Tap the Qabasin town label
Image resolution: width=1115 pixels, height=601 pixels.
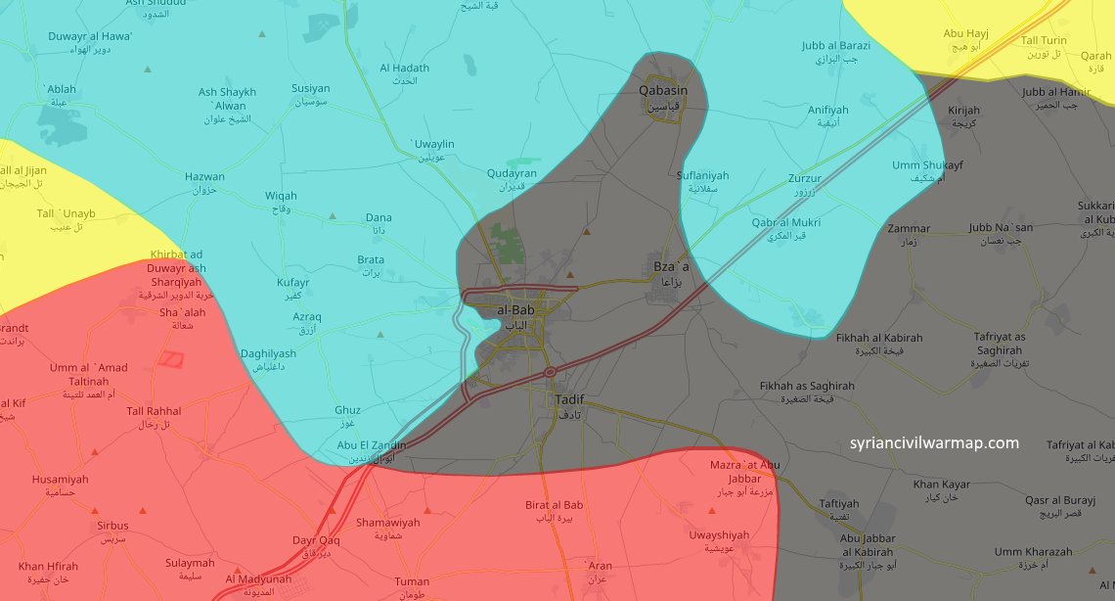click(x=662, y=91)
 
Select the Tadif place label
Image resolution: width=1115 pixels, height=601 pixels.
click(x=567, y=400)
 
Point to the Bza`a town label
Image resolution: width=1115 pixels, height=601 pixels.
click(x=670, y=266)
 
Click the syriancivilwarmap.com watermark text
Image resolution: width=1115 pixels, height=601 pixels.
click(x=934, y=442)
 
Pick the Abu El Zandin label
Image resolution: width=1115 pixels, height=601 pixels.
click(x=371, y=444)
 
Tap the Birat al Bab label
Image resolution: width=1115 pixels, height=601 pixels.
click(x=554, y=505)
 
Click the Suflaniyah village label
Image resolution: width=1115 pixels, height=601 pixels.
click(x=702, y=176)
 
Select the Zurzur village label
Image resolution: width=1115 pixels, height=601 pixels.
click(x=805, y=179)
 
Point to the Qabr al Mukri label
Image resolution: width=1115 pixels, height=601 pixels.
click(x=785, y=223)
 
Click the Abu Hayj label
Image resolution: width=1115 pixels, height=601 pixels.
click(x=965, y=34)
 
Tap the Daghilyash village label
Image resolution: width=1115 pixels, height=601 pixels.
click(x=268, y=354)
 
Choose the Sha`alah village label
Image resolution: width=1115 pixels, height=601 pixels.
click(x=182, y=312)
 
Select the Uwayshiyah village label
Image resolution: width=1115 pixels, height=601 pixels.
click(x=718, y=535)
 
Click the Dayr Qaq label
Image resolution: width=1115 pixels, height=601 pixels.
click(x=316, y=540)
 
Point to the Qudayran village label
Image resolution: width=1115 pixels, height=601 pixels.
click(x=512, y=173)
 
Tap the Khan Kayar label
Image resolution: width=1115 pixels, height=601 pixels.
click(x=941, y=485)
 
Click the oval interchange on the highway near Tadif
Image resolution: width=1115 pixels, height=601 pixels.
click(x=550, y=372)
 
